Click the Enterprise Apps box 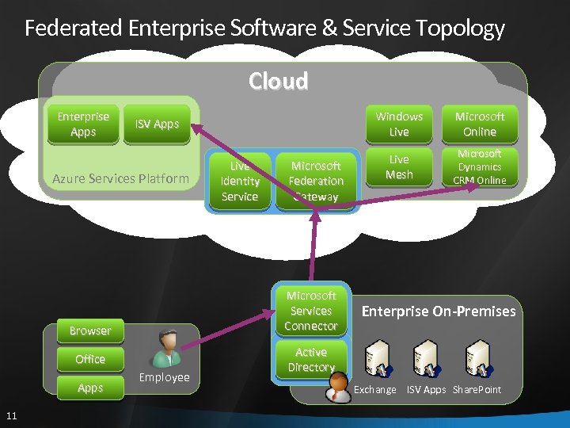click(83, 124)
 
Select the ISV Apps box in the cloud click(157, 124)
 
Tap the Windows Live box click(399, 124)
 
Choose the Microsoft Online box click(480, 124)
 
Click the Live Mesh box click(399, 167)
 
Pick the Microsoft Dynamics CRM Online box click(480, 167)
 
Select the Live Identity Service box click(240, 182)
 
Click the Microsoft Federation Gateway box click(316, 182)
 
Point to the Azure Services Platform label click(120, 178)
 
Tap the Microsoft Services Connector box click(311, 311)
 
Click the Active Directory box click(311, 360)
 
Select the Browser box click(90, 331)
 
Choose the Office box click(90, 359)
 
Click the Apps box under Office click(90, 388)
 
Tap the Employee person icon click(167, 349)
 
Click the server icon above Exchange click(376, 358)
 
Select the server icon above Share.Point click(477, 358)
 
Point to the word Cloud click(278, 81)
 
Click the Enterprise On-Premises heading click(439, 311)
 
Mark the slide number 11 click(11, 415)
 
